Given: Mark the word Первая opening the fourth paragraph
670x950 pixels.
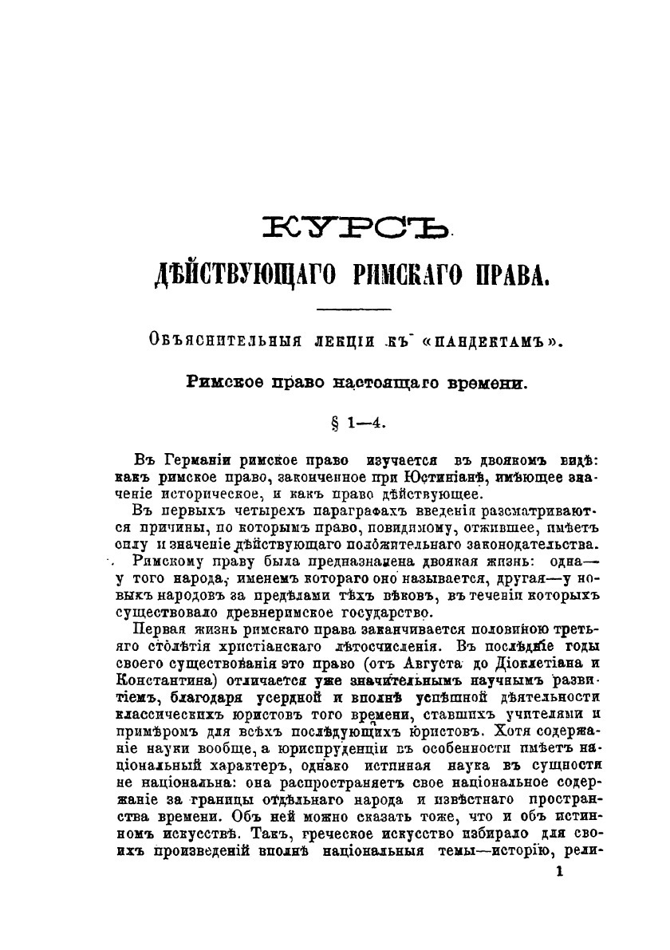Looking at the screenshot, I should click(x=160, y=630).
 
